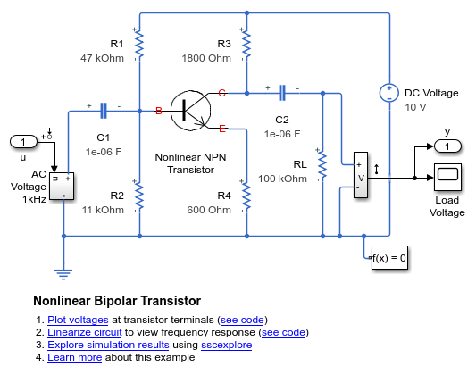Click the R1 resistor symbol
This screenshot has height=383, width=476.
pos(139,45)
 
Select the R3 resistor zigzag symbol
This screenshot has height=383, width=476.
pos(246,45)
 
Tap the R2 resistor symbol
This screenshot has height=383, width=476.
pos(139,196)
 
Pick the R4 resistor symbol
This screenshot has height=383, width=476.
pos(246,196)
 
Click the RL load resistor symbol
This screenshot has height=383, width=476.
pos(322,165)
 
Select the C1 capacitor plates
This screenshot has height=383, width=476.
pos(104,111)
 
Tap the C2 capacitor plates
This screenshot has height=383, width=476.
pos(282,93)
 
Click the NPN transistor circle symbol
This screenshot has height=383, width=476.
pos(190,111)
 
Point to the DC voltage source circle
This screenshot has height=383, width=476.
pos(389,93)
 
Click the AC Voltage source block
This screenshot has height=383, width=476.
pos(62,187)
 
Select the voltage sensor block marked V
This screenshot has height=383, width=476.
pos(361,175)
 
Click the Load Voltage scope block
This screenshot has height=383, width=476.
pos(447,178)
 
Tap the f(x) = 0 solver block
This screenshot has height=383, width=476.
pos(389,258)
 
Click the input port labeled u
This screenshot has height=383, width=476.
pos(24,142)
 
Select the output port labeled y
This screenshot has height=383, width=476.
pos(447,146)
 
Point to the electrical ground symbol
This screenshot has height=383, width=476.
pos(63,274)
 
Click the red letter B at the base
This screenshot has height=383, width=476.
pos(158,111)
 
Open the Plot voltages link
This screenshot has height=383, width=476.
pos(78,320)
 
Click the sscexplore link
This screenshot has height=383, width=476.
pos(227,345)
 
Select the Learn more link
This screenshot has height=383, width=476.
pos(75,357)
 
